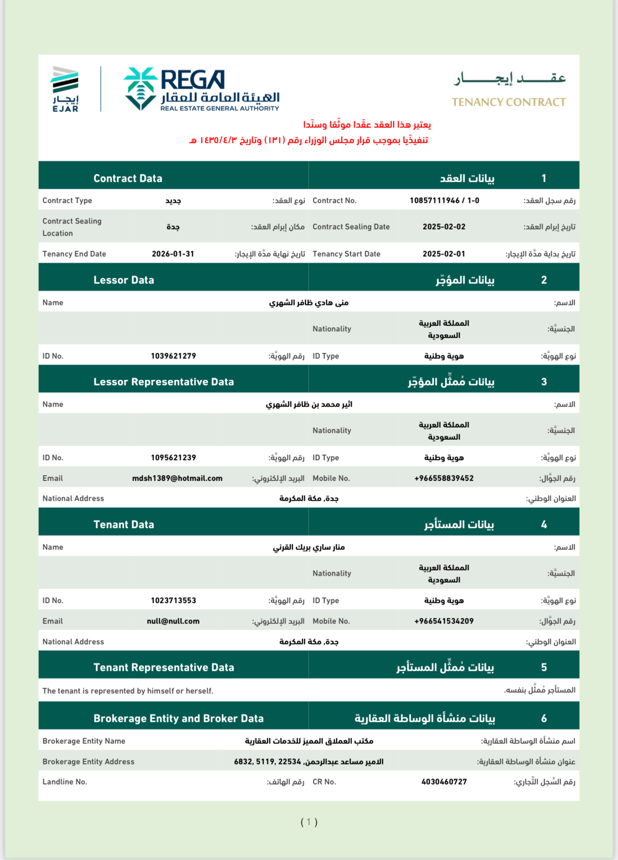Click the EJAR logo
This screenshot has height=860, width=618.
click(65, 89)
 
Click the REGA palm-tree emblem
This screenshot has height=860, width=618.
click(140, 89)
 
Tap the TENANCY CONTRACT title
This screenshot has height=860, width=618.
click(508, 102)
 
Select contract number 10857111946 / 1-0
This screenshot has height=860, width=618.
click(444, 200)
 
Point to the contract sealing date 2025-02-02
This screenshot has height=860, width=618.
click(444, 227)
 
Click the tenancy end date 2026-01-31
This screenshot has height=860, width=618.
click(173, 254)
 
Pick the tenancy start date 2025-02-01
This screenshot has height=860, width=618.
click(444, 254)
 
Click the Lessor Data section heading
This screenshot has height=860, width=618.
click(124, 280)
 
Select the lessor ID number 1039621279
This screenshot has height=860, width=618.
click(173, 356)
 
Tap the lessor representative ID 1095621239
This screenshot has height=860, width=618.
click(173, 458)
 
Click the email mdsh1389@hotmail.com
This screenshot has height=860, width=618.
click(177, 478)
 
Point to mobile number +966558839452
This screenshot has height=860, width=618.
click(444, 478)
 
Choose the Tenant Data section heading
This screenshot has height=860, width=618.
click(124, 525)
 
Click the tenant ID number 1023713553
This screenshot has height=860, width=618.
click(173, 601)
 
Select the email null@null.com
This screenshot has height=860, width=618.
click(173, 621)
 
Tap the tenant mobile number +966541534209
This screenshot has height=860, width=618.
click(444, 621)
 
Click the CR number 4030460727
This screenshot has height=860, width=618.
click(444, 782)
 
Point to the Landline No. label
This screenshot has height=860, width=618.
click(65, 782)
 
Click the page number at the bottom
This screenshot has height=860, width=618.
click(309, 822)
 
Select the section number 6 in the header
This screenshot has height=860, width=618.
click(544, 719)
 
